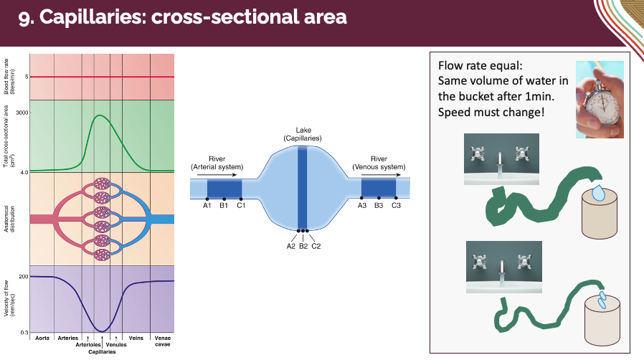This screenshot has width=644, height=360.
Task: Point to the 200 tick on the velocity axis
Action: pos(24,277)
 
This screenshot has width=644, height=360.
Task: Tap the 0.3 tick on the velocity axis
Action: pos(24,333)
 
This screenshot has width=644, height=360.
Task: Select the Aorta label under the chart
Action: pos(42,338)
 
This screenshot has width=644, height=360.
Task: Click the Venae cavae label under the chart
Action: pos(162,341)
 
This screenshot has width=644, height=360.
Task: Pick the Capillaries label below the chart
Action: pos(103,352)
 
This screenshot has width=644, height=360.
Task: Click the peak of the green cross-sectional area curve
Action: pos(101,115)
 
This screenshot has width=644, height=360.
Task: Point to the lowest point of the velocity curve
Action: pos(103,331)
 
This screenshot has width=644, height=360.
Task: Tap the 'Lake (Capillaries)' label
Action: pos(303,134)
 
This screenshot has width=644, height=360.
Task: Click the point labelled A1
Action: pos(208,198)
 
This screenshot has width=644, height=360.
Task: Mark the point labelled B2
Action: pos(303,232)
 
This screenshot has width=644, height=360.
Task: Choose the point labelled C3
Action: pos(396,198)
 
